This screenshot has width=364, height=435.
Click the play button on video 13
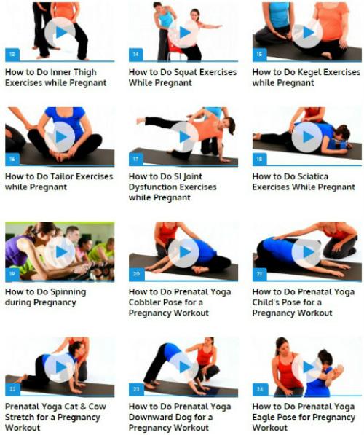pos(60,32)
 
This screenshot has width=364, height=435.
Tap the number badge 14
pos(136,55)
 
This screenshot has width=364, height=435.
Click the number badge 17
pos(136,159)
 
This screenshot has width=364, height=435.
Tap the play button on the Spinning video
pos(60,252)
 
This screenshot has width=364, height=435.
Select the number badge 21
pos(259,274)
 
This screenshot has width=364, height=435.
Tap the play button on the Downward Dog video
pos(183,367)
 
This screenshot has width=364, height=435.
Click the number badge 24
pos(260,389)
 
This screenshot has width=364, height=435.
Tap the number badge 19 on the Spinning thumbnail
pos(12,274)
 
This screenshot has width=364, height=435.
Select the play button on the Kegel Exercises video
pos(307,32)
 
